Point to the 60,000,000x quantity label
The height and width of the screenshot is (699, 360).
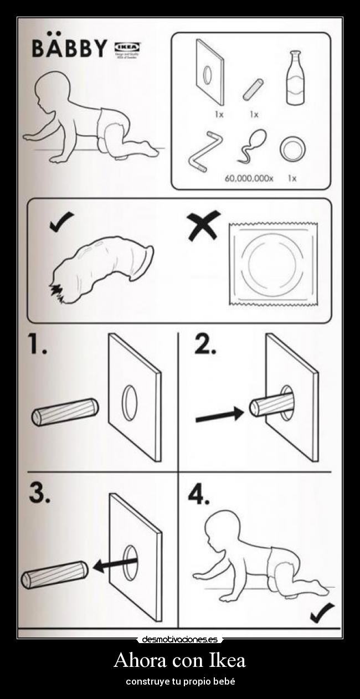[x=249, y=178]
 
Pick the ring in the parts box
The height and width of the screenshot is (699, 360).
[x=292, y=148]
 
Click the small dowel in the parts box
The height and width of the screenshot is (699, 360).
[x=253, y=89]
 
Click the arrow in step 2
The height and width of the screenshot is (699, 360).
[x=219, y=416]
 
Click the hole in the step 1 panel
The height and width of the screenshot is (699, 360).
[x=128, y=398]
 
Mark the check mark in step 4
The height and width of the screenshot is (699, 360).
[x=322, y=613]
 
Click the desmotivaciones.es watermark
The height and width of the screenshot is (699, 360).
[x=180, y=640]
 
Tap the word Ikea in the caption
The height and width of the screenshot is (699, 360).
[x=227, y=660]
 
